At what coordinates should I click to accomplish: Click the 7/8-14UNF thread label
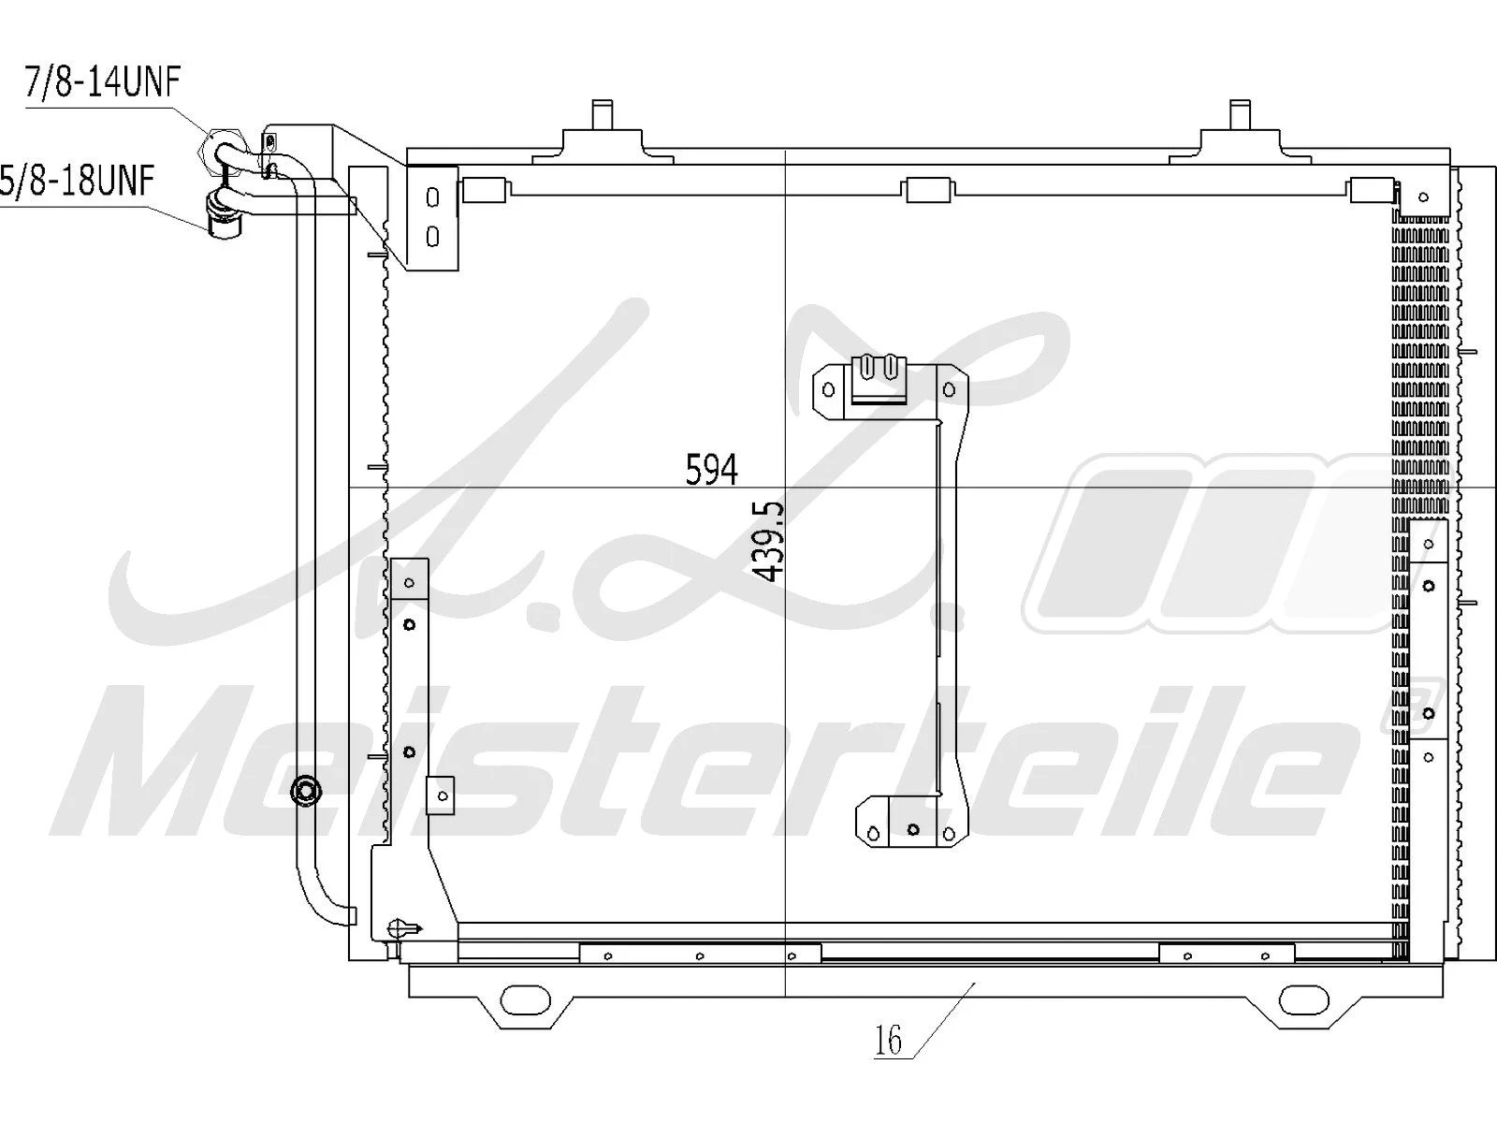(x=101, y=82)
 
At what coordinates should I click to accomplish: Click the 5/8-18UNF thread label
(x=79, y=180)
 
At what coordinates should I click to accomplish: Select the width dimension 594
(x=711, y=470)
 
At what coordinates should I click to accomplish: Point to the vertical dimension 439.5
(x=769, y=541)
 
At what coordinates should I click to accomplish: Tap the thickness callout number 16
(x=888, y=1040)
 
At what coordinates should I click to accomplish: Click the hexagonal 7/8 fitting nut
(x=223, y=148)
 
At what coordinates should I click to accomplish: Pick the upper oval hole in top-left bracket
(x=432, y=198)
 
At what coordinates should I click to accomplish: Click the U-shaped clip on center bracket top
(x=880, y=371)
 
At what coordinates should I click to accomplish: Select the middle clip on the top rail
(x=928, y=191)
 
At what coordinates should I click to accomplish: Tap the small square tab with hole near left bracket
(x=440, y=795)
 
